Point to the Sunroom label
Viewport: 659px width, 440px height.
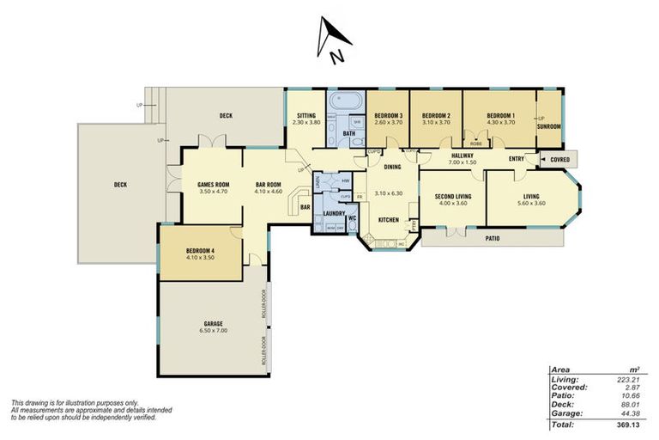pyautogui.click(x=549, y=126)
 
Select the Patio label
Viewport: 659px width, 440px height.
pyautogui.click(x=491, y=238)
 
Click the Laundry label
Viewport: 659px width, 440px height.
pyautogui.click(x=335, y=212)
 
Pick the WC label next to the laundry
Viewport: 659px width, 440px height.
pyautogui.click(x=352, y=218)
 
